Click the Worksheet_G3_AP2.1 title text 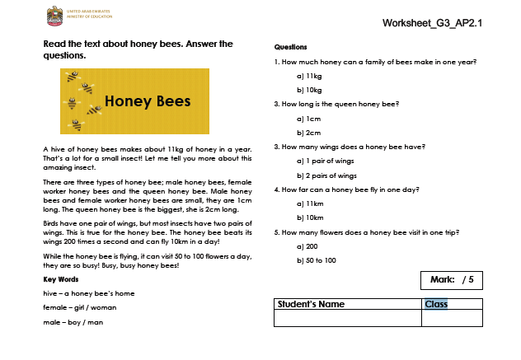432,22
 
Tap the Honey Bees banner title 148,101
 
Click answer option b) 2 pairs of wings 326,175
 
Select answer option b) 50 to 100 316,260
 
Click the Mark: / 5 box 451,280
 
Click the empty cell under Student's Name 347,318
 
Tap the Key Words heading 61,279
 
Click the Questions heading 290,47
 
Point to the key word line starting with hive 89,293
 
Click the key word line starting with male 73,321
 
